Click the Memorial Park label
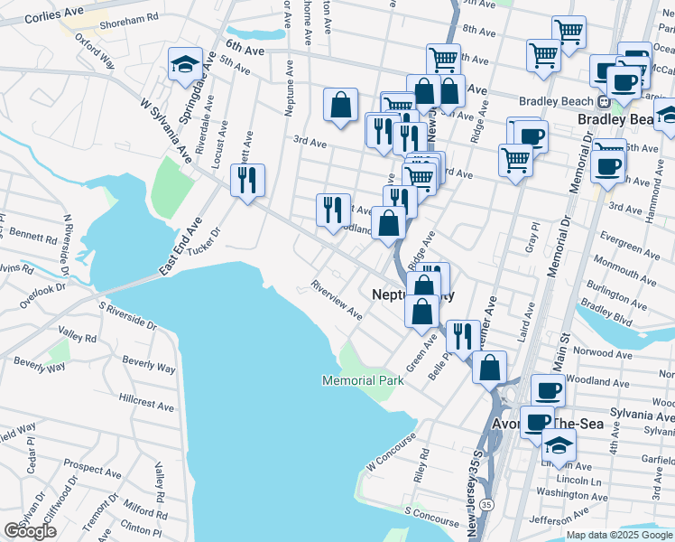pyautogui.click(x=363, y=381)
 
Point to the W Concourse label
pyautogui.click(x=391, y=452)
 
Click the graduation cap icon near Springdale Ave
pyautogui.click(x=184, y=64)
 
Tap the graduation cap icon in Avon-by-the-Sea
pyautogui.click(x=559, y=444)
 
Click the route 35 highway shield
pyautogui.click(x=487, y=503)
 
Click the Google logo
pyautogui.click(x=30, y=531)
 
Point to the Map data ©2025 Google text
pyautogui.click(x=620, y=535)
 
